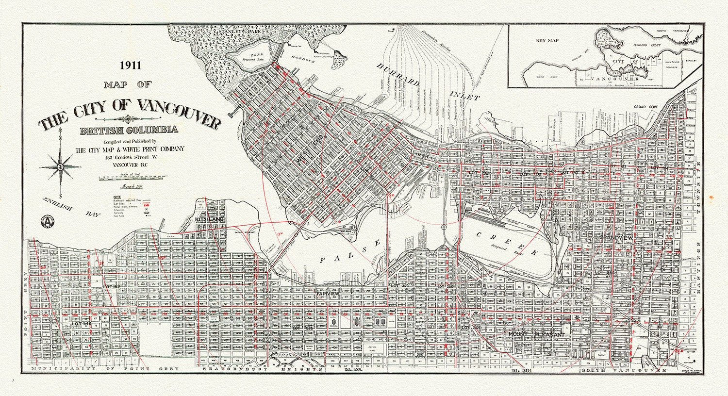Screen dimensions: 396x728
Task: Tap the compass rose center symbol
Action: pyautogui.click(x=61, y=167)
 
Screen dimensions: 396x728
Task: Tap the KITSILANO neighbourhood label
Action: pyautogui.click(x=209, y=219)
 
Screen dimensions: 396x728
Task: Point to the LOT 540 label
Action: pyautogui.click(x=82, y=323)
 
